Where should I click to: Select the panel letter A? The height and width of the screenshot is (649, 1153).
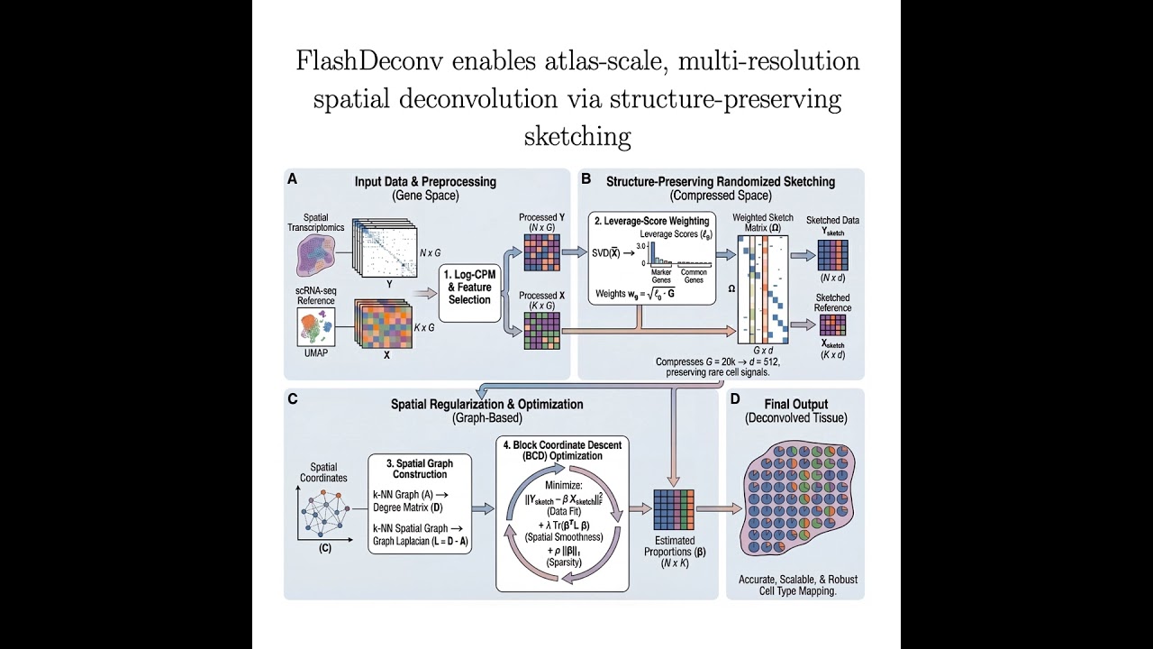click(292, 179)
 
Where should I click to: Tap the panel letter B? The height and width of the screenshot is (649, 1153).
click(586, 179)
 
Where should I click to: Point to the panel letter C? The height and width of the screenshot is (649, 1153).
click(293, 398)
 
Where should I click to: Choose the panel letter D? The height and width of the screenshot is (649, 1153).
click(735, 398)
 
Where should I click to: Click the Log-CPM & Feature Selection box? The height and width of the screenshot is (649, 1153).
click(468, 287)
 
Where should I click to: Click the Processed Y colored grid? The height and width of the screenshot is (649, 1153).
click(541, 252)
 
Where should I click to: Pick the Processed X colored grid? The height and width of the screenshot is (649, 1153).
click(541, 331)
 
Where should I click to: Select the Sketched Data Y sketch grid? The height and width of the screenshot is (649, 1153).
click(831, 255)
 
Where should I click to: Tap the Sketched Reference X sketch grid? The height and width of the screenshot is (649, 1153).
click(831, 324)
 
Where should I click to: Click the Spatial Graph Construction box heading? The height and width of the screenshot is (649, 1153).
click(419, 468)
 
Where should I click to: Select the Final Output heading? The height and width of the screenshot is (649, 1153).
click(795, 405)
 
